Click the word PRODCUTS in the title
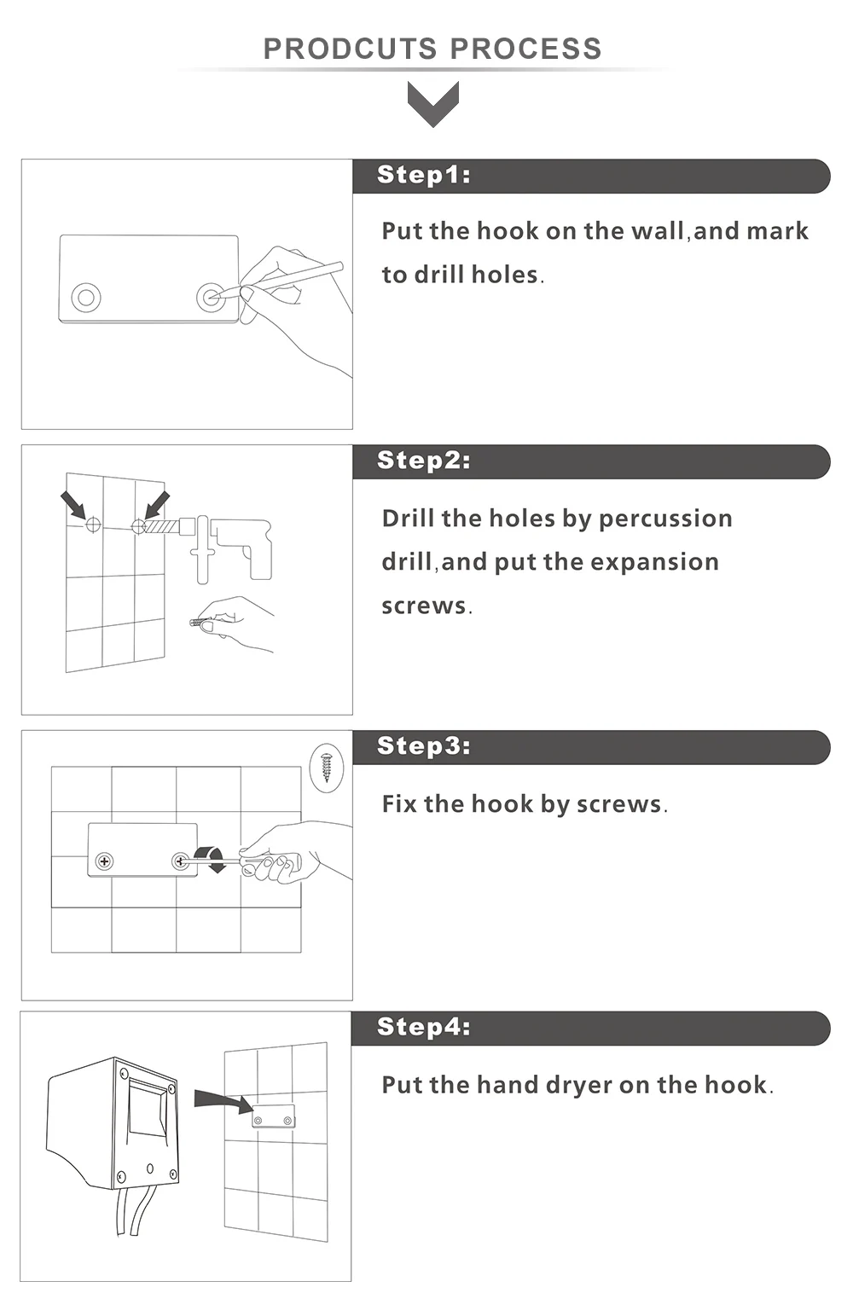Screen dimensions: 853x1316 click(350, 49)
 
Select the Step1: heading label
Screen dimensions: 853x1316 click(424, 175)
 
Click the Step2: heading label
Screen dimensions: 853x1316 click(424, 461)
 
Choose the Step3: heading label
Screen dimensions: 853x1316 click(424, 746)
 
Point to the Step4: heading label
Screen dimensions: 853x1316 click(424, 1027)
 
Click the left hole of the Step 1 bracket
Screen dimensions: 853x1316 click(86, 298)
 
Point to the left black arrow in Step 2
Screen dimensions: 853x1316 click(74, 505)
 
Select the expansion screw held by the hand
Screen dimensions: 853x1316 click(201, 622)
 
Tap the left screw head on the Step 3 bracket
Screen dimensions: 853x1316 click(105, 861)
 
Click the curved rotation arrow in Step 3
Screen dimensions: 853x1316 click(211, 859)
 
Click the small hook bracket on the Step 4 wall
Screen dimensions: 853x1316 click(273, 1116)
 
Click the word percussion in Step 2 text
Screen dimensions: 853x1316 click(665, 519)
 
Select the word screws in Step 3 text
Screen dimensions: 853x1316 click(618, 804)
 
